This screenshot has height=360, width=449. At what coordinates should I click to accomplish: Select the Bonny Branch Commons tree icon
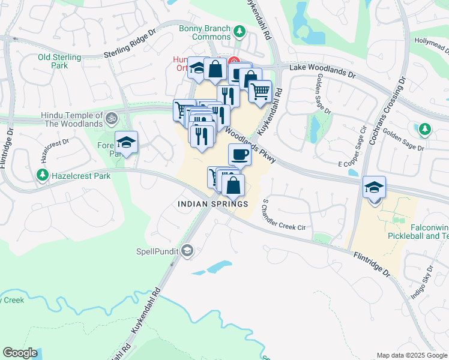tap(240, 31)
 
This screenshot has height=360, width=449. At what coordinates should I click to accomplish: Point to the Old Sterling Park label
tap(59, 61)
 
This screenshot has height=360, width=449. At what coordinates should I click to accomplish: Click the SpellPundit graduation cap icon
tap(187, 251)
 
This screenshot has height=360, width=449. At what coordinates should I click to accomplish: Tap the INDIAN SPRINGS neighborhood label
tap(213, 205)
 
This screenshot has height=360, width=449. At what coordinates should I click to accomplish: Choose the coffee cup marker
tap(240, 154)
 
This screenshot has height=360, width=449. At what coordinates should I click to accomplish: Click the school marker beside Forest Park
tap(126, 142)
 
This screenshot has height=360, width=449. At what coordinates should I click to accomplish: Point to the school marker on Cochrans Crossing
tap(374, 187)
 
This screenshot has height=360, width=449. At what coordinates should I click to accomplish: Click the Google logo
tap(20, 353)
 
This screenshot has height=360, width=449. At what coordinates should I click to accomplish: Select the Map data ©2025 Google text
tap(412, 355)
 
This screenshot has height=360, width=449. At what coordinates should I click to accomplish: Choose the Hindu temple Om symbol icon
tap(110, 118)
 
